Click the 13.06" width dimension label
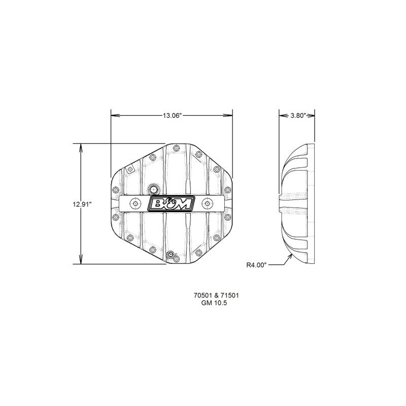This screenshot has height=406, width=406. [x=172, y=116]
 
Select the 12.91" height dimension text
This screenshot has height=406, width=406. [x=82, y=205]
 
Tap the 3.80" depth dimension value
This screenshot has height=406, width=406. [x=298, y=116]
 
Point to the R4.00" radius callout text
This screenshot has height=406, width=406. [x=256, y=265]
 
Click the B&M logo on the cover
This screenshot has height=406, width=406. [x=171, y=204]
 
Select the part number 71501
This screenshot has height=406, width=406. [x=230, y=295]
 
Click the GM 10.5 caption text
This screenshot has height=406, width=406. [x=214, y=302]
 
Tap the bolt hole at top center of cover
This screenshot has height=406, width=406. [x=176, y=148]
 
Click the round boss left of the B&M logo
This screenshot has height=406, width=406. [x=135, y=204]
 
